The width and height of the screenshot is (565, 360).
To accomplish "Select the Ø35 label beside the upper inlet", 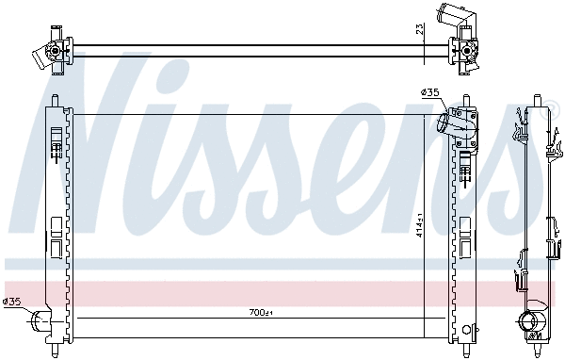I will pos(429,92).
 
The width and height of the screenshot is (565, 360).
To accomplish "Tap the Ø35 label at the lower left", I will pos(12,302).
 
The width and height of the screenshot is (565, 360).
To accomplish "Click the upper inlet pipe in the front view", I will pos(455,123).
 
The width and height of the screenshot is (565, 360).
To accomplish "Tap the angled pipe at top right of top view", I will pos(450,16).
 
